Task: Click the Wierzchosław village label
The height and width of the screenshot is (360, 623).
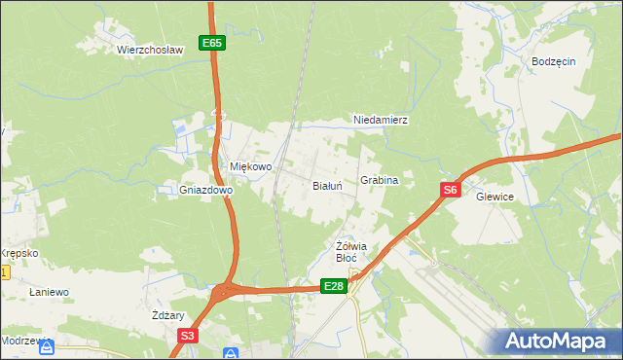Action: [x=150, y=50]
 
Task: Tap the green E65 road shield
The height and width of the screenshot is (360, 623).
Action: [x=213, y=43]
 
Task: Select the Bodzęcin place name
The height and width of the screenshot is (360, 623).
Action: [x=554, y=60]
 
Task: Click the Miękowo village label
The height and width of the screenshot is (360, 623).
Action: [x=250, y=166]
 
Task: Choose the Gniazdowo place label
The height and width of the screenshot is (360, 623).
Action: [x=205, y=191]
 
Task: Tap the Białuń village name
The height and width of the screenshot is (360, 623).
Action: [x=326, y=184]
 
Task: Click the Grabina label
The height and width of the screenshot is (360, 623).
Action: [x=380, y=181]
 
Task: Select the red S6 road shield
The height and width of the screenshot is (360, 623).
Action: [x=449, y=191]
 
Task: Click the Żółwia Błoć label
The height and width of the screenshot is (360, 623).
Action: [x=348, y=251]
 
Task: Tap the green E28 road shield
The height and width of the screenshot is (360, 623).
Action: [x=334, y=285]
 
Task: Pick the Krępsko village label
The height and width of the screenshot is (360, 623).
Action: [x=18, y=253]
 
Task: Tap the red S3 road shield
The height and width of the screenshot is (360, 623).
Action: [x=188, y=336]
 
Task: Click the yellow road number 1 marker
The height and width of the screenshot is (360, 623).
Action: [x=4, y=273]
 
